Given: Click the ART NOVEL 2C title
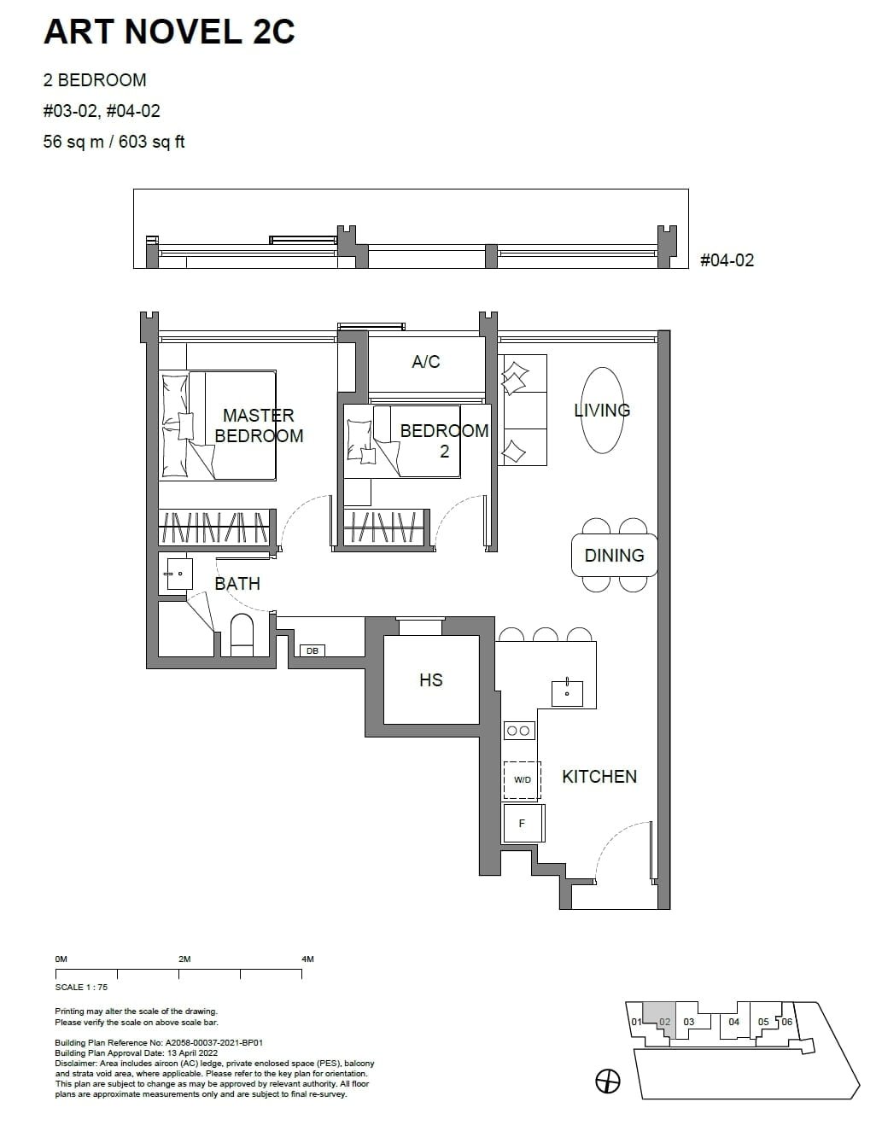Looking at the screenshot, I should pyautogui.click(x=169, y=32).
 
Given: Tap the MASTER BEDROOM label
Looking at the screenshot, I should pyautogui.click(x=259, y=425).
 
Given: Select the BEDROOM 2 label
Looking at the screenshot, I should pyautogui.click(x=444, y=440).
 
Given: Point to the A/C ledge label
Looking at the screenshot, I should pyautogui.click(x=426, y=362).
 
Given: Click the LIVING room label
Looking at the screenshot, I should pyautogui.click(x=603, y=411).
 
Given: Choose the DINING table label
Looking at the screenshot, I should pyautogui.click(x=614, y=556).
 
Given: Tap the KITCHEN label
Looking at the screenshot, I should pyautogui.click(x=599, y=777).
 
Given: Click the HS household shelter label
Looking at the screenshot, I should pyautogui.click(x=431, y=680).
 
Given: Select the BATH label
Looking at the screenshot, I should pyautogui.click(x=237, y=584).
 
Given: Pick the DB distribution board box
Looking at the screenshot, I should pyautogui.click(x=312, y=650).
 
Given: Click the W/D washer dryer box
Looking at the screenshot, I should pyautogui.click(x=522, y=780).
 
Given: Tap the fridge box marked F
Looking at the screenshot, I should pyautogui.click(x=523, y=824).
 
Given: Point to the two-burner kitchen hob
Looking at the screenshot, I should pyautogui.click(x=519, y=730).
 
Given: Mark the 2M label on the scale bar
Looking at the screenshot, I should pyautogui.click(x=184, y=959).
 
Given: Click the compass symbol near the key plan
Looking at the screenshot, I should pyautogui.click(x=607, y=1081).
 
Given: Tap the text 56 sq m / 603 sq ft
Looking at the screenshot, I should pyautogui.click(x=114, y=142).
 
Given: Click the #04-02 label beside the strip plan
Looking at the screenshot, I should pyautogui.click(x=727, y=260).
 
